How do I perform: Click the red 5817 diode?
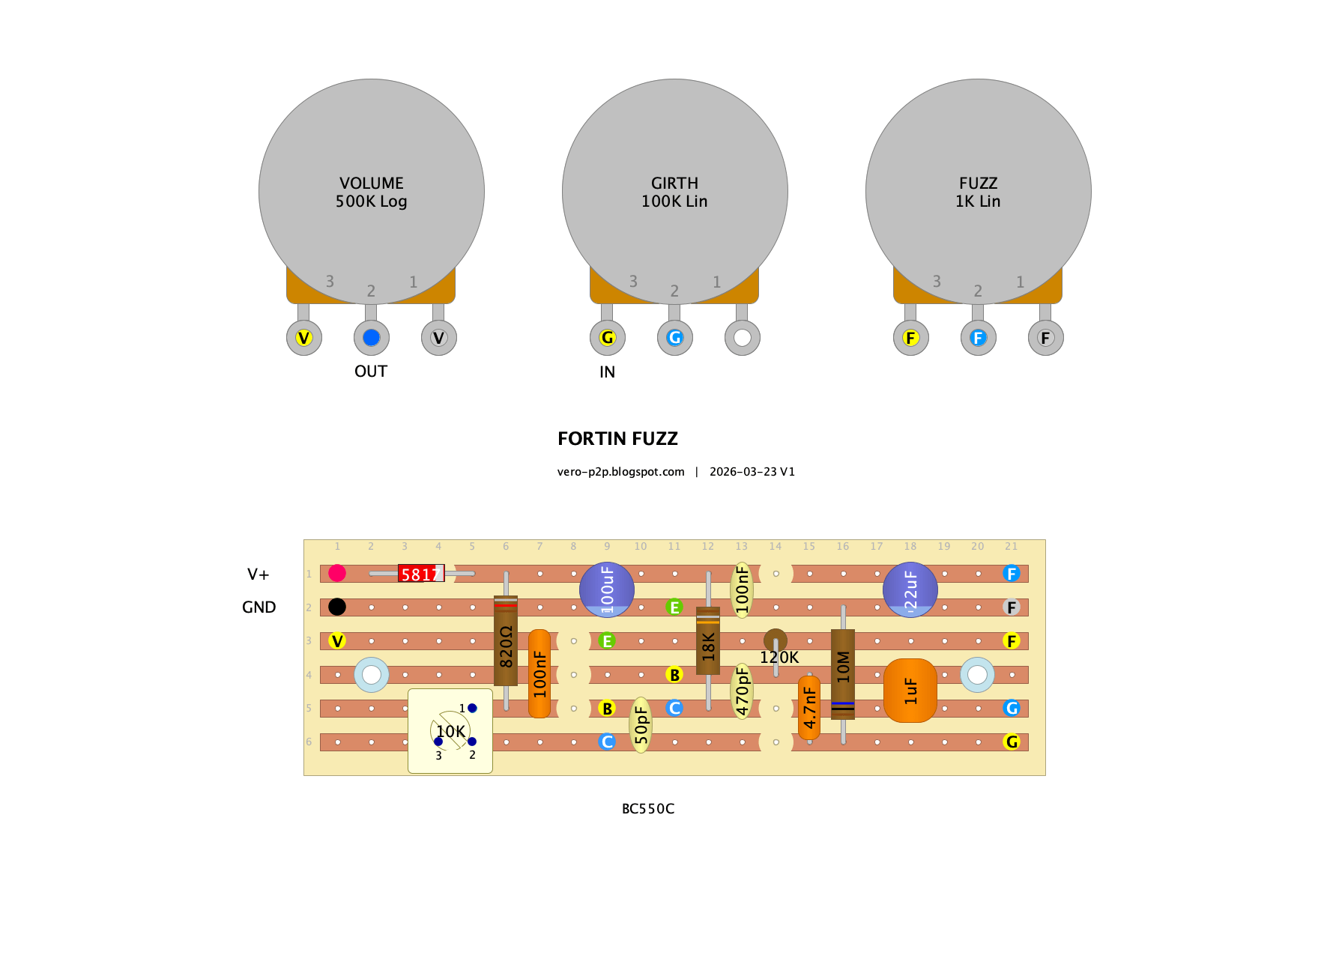[421, 574]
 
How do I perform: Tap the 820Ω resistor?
[506, 640]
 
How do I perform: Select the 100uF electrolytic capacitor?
[607, 589]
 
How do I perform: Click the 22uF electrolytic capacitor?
[910, 589]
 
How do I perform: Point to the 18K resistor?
[708, 640]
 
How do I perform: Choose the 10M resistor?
[843, 674]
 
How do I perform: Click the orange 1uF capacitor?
[910, 691]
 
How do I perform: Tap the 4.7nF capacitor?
[809, 708]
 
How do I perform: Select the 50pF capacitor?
[641, 725]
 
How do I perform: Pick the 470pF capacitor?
[742, 691]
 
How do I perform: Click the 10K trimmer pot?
[450, 731]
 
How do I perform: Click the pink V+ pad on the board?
[337, 573]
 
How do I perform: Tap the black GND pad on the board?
[337, 607]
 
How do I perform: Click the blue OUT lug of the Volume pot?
[372, 338]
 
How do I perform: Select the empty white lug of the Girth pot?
[743, 338]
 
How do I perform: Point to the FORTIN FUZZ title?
[617, 439]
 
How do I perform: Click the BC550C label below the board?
[648, 809]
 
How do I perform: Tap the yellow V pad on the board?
[337, 640]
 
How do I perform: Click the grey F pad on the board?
[1012, 607]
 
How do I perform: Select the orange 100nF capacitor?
[539, 674]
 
